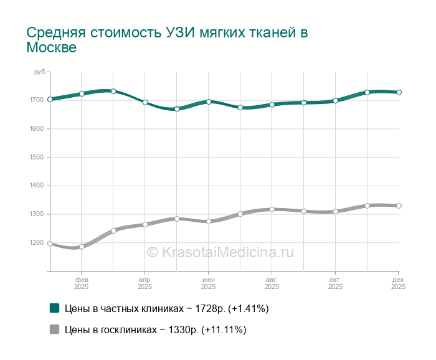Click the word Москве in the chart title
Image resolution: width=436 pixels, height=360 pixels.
(52, 48)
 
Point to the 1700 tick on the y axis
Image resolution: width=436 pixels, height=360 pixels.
(36, 100)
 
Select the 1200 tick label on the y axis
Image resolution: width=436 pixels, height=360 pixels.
(36, 243)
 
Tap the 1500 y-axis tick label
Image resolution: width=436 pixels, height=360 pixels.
(36, 158)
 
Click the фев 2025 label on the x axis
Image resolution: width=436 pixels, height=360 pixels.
(82, 283)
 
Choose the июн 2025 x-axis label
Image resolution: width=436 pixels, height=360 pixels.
(209, 283)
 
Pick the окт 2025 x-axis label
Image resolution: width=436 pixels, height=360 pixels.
(335, 283)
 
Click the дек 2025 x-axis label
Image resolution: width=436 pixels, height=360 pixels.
(399, 283)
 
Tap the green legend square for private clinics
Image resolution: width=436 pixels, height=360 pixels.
(54, 308)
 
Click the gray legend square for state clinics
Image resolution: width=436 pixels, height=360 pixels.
(54, 329)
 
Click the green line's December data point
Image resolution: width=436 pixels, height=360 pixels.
(399, 92)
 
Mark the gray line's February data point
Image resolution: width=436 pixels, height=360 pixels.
(82, 247)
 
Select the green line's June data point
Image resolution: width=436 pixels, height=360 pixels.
(209, 102)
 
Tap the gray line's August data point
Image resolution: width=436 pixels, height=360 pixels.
(272, 209)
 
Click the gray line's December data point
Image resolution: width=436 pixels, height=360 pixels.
(399, 206)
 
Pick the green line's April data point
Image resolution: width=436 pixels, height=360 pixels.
(145, 102)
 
